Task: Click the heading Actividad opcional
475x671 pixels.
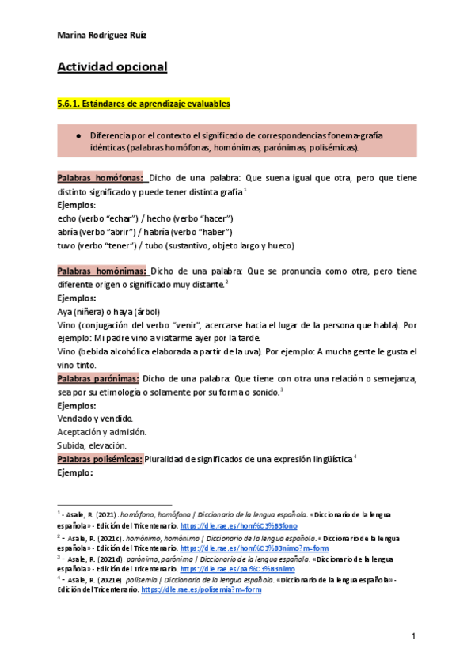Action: click(112, 67)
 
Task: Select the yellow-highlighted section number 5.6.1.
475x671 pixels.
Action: click(70, 104)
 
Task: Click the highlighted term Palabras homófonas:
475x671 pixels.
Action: click(101, 178)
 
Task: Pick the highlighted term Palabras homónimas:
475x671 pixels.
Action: click(102, 271)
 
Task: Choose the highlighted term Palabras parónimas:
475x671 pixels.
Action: click(99, 378)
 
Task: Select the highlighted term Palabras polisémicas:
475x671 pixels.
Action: click(100, 461)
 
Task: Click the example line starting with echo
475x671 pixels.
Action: click(145, 218)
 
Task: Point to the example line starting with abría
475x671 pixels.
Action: click(145, 231)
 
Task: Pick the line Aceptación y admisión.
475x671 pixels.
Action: click(102, 432)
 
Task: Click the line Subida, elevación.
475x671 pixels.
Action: click(93, 445)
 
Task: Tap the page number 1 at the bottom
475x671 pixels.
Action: click(413, 636)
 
